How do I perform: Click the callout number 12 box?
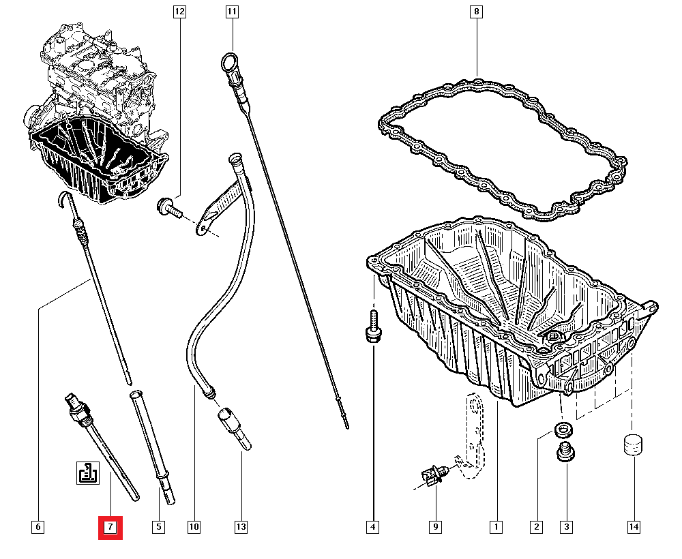[x=179, y=12]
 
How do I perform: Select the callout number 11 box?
[x=233, y=12]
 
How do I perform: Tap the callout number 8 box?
[x=476, y=12]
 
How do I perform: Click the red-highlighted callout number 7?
[x=110, y=527]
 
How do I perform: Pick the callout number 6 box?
[x=38, y=527]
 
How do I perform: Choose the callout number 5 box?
[x=158, y=527]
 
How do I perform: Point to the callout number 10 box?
[x=194, y=527]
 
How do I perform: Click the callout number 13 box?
[x=241, y=527]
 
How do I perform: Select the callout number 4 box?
[x=372, y=527]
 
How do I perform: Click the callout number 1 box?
[x=496, y=527]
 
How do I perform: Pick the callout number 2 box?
[x=537, y=527]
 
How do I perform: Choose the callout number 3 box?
[x=566, y=527]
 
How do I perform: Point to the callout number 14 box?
[x=634, y=527]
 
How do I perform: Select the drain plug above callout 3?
[x=565, y=453]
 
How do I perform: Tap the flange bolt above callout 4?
[x=372, y=327]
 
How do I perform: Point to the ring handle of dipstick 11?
[x=229, y=62]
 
